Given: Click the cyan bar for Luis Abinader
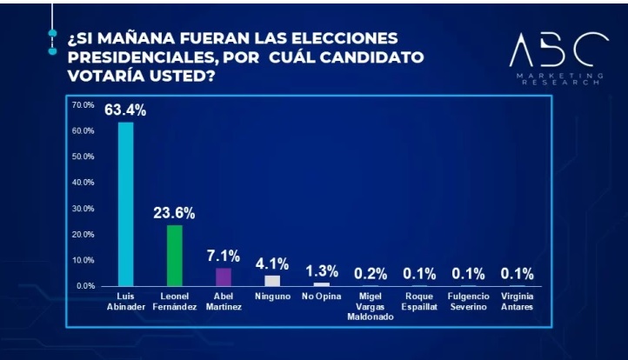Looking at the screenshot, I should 126,203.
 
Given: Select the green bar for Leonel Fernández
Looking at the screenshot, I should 175,255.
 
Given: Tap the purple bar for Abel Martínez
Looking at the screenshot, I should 224,277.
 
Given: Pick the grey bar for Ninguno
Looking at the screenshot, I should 272,280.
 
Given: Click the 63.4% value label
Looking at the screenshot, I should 125,110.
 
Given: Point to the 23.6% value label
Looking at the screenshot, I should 174,213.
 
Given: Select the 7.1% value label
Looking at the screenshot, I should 224,256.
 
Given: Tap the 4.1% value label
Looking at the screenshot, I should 272,263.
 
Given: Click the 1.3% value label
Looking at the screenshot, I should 322,270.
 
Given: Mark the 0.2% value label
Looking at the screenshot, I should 371,273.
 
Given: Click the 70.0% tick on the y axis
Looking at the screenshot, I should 84,105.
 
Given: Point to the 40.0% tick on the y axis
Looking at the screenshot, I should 84,183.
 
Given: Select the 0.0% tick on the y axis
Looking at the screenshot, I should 85,285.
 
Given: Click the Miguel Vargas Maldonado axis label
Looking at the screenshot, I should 371,306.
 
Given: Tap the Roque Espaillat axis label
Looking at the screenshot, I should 419,301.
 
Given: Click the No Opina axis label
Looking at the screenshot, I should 322,296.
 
